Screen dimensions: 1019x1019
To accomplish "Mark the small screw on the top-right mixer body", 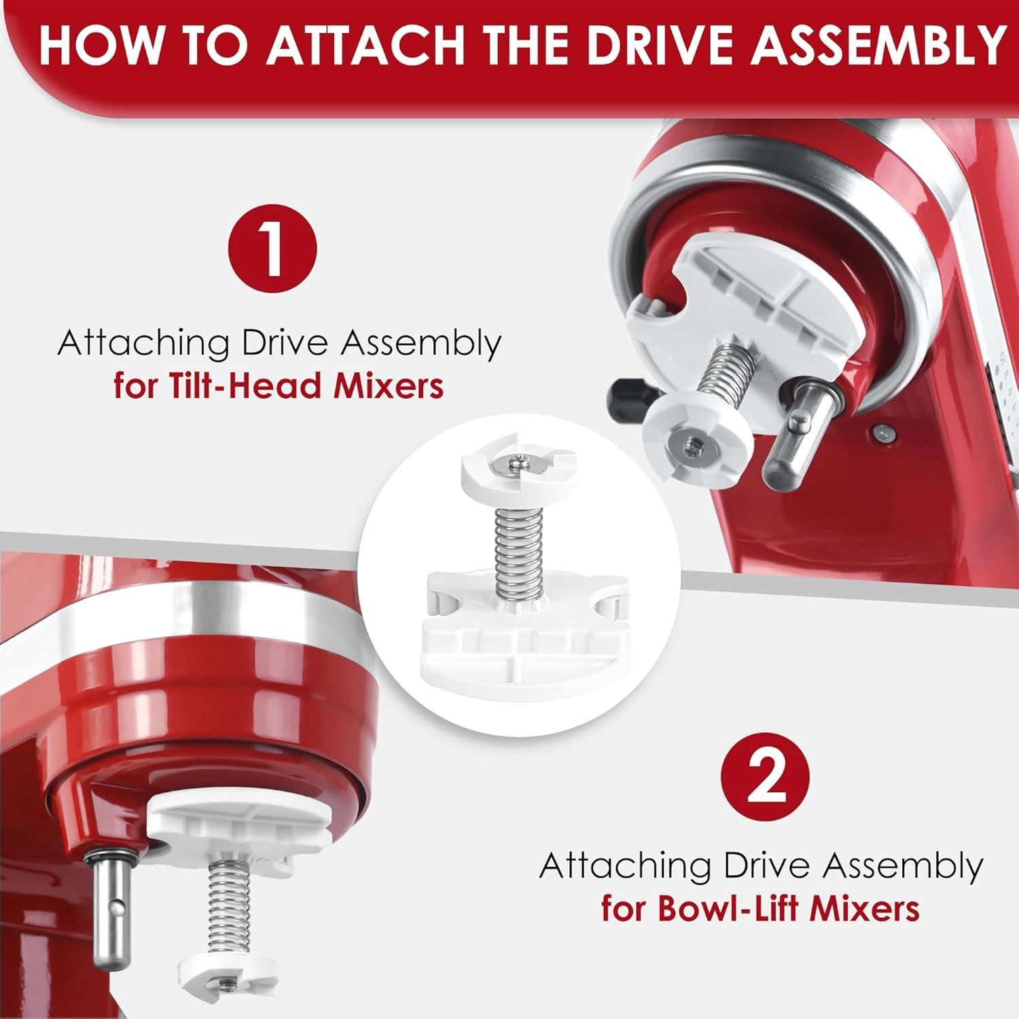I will point(881,429).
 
